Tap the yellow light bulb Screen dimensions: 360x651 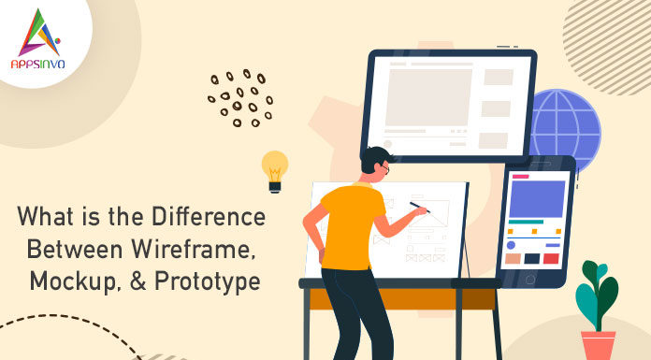pyautogui.click(x=274, y=168)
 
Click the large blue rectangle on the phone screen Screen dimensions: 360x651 pyautogui.click(x=536, y=198)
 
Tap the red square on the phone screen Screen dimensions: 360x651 pyautogui.click(x=552, y=258)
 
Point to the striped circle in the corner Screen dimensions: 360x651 pyautogui.click(x=613, y=33)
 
